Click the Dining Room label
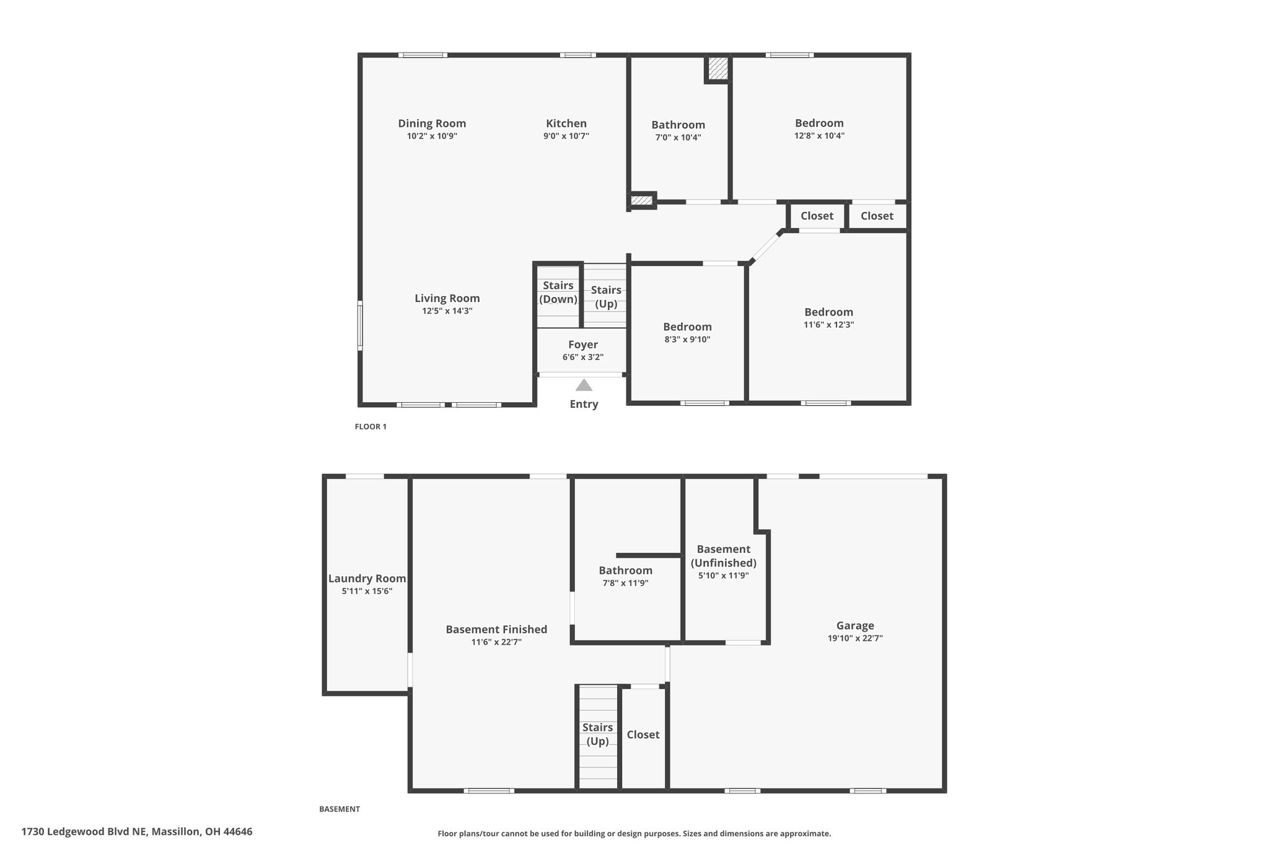pos(432,123)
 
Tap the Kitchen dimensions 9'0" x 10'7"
pos(566,136)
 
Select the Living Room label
pos(447,298)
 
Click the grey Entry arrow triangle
pos(584,386)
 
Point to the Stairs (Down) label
pos(558,293)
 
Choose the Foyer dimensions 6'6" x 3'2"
pos(583,357)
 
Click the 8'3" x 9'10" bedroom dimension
pos(687,339)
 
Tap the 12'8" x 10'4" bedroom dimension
pos(819,135)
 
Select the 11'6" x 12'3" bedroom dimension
pos(829,324)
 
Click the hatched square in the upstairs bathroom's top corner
pos(718,68)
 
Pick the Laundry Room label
pos(367,578)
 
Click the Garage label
pos(855,625)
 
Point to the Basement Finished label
pos(496,629)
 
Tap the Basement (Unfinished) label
pos(724,556)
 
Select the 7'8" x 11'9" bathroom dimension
pos(625,583)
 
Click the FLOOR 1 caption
pos(371,426)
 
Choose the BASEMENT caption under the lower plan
pos(340,809)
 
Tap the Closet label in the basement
pos(643,734)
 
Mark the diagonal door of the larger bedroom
pos(766,248)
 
